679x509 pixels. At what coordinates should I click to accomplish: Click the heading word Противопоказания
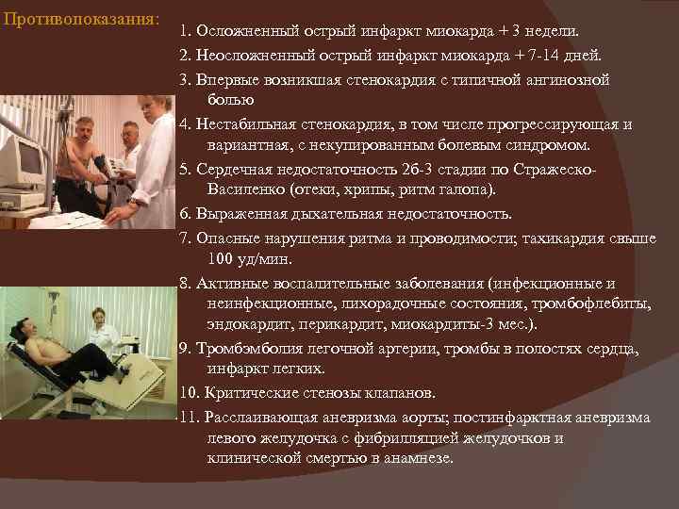(x=80, y=19)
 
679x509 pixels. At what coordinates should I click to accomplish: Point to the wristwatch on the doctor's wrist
(x=135, y=202)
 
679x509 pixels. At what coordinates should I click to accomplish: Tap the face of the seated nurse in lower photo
(x=98, y=318)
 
